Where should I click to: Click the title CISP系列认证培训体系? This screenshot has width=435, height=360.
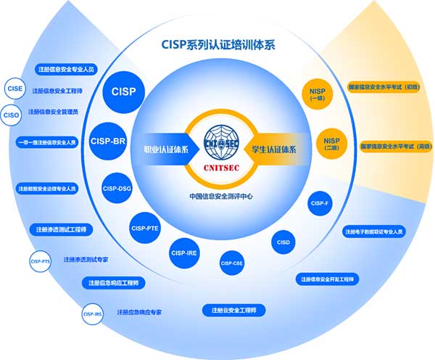pos(218,44)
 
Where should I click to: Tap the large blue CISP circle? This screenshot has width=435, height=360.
pos(124,92)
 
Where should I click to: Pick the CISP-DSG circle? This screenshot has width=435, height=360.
pos(117,189)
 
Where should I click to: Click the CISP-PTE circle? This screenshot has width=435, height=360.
pos(145,228)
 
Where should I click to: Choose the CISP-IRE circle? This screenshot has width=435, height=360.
pos(184,253)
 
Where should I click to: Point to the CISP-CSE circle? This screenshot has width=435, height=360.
pos(231,263)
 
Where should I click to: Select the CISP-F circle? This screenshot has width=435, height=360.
pos(320,203)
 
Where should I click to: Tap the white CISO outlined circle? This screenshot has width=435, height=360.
pos(11,114)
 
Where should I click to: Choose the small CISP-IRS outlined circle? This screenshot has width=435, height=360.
pos(92,314)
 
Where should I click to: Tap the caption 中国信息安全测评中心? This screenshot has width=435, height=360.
pos(220,196)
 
